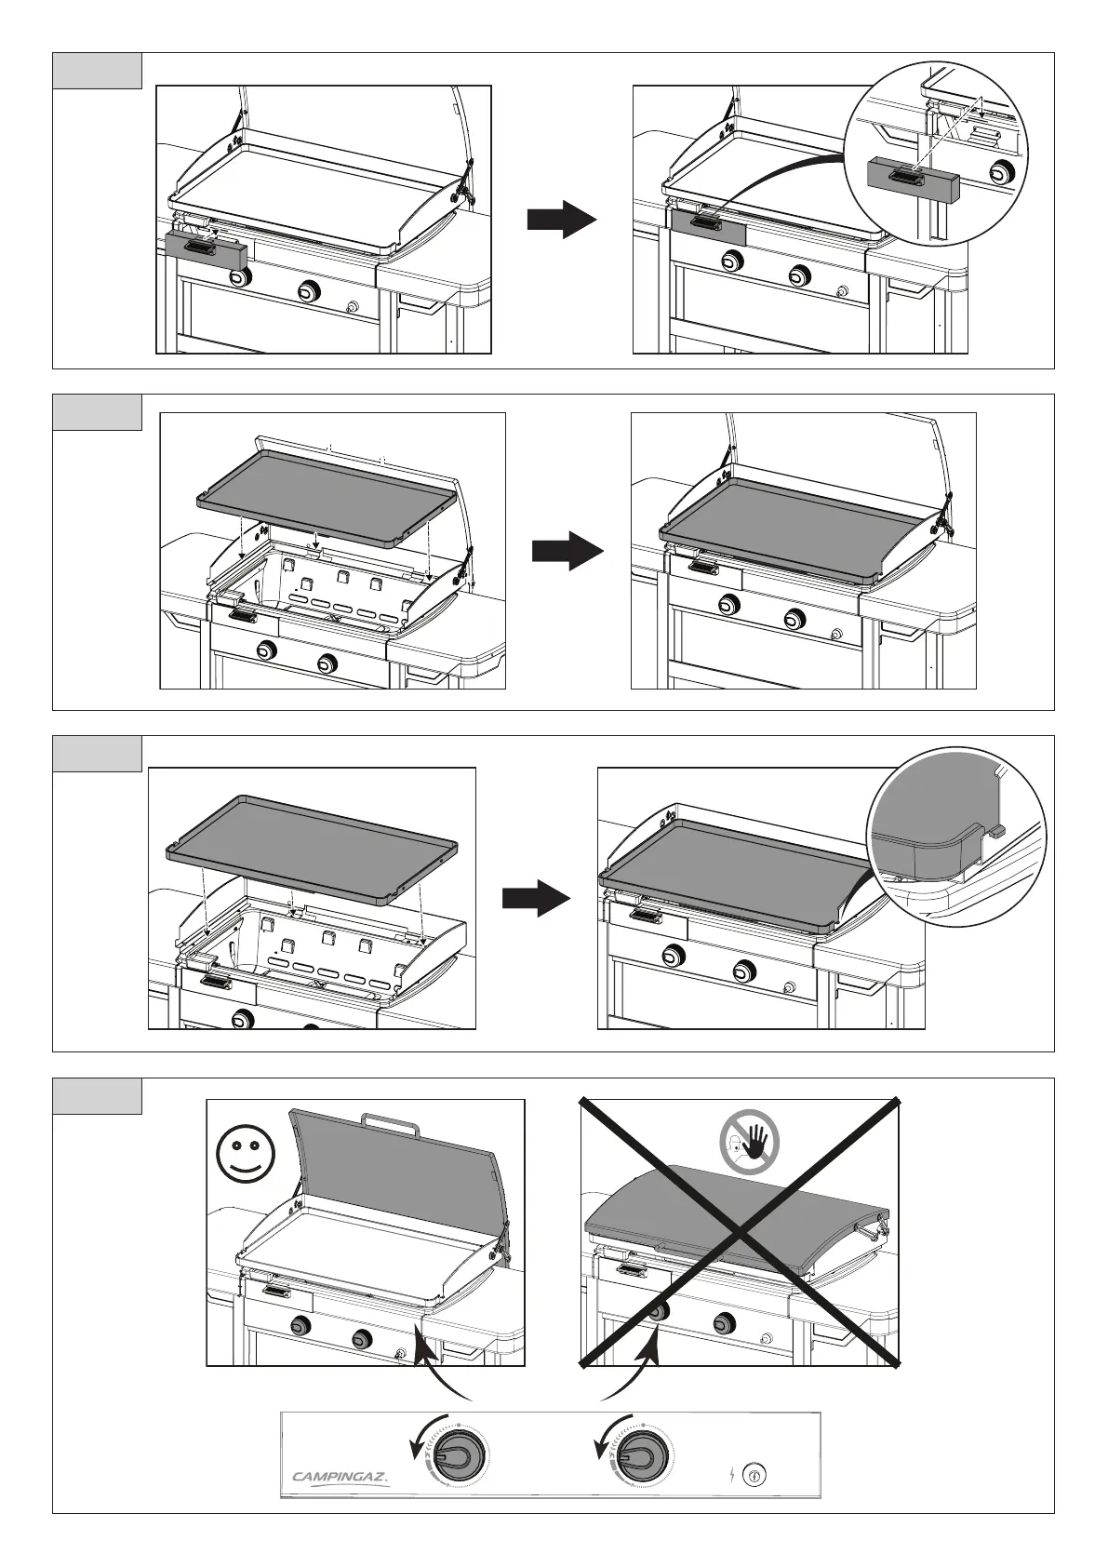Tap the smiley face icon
246,1152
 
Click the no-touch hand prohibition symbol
750,1145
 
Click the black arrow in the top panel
561,221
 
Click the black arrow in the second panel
567,550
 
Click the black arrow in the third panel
536,899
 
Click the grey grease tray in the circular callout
913,180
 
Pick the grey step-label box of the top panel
97,71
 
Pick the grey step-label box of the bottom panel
97,1096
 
